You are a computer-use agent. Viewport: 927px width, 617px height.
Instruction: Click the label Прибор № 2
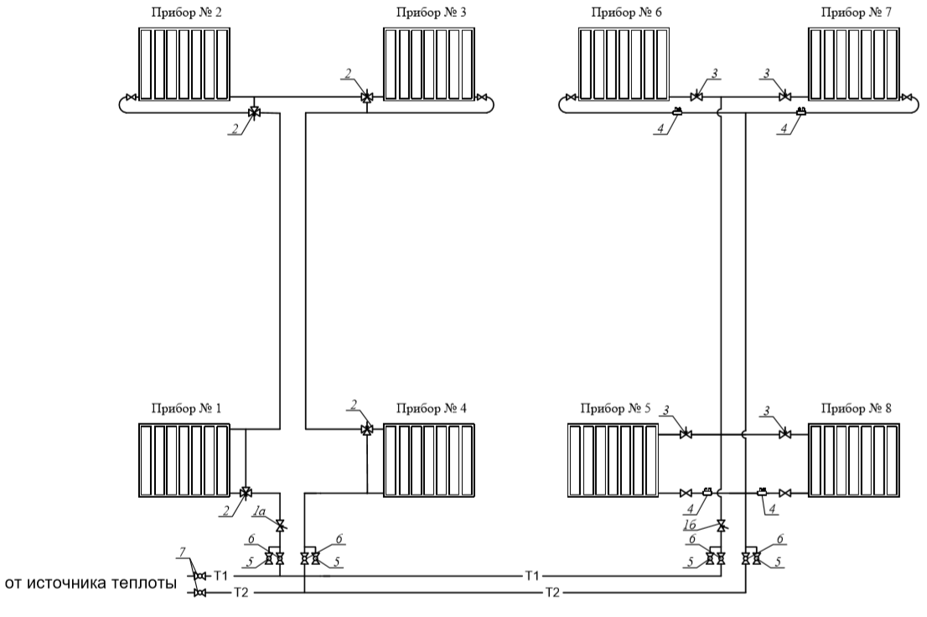tap(187, 13)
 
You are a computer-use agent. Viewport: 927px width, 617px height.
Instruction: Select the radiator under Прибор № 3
tap(429, 64)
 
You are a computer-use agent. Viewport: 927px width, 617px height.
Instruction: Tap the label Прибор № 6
tap(626, 13)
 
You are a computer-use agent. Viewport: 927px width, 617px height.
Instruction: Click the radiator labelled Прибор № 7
tap(854, 64)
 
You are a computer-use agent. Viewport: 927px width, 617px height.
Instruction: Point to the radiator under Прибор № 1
tap(184, 460)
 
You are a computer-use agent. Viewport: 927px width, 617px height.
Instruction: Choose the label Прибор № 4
tap(431, 408)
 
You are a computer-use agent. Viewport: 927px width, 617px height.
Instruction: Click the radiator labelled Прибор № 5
tap(613, 460)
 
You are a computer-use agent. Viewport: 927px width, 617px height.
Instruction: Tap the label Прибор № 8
tap(856, 408)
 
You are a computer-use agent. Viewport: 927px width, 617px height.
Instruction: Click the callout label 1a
tap(259, 510)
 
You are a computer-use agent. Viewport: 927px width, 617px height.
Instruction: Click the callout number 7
tap(183, 552)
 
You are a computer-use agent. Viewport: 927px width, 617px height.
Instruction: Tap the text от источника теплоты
tap(91, 583)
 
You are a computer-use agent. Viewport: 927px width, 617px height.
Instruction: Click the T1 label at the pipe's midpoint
tap(532, 575)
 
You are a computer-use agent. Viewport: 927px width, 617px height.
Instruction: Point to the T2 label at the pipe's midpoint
tap(552, 592)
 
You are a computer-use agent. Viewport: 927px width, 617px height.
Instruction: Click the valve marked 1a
tap(280, 525)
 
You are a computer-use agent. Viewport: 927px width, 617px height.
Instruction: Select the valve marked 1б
tap(722, 525)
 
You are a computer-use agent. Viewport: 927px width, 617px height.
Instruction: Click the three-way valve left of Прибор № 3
tap(366, 96)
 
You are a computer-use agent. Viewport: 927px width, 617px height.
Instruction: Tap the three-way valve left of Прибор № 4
tap(366, 429)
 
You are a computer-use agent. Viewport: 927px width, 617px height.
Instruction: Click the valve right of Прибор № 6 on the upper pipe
tap(697, 96)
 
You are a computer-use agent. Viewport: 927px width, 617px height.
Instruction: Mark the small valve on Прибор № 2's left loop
tap(131, 96)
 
